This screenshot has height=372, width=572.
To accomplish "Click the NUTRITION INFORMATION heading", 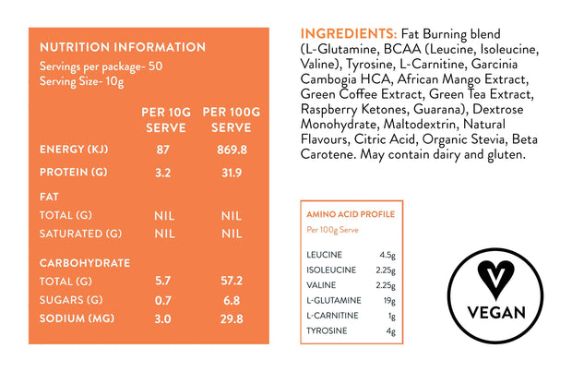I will tap(122, 47).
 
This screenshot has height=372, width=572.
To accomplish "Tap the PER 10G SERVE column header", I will tap(165, 119).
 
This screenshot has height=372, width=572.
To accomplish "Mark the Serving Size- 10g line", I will tap(81, 81).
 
